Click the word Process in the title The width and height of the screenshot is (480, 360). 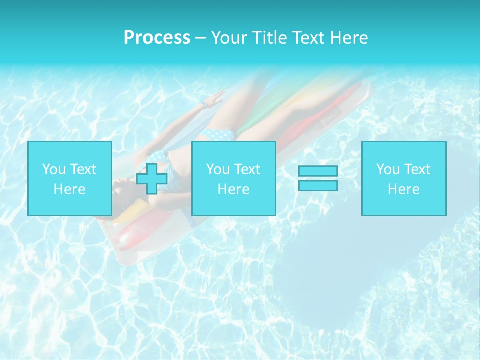[x=157, y=38]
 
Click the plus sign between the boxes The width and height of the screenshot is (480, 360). [x=152, y=178]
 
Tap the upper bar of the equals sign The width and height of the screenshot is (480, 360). [x=318, y=171]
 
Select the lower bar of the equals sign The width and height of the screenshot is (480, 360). [x=318, y=186]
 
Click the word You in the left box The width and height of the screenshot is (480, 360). [x=54, y=169]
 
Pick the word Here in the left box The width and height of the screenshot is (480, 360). [x=69, y=189]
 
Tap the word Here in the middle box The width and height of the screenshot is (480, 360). [x=233, y=189]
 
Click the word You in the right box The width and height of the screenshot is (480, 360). [x=388, y=169]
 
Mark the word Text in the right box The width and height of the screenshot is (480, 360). [x=417, y=169]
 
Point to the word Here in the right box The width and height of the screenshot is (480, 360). [x=403, y=189]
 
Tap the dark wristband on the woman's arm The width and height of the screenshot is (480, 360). [x=204, y=106]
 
